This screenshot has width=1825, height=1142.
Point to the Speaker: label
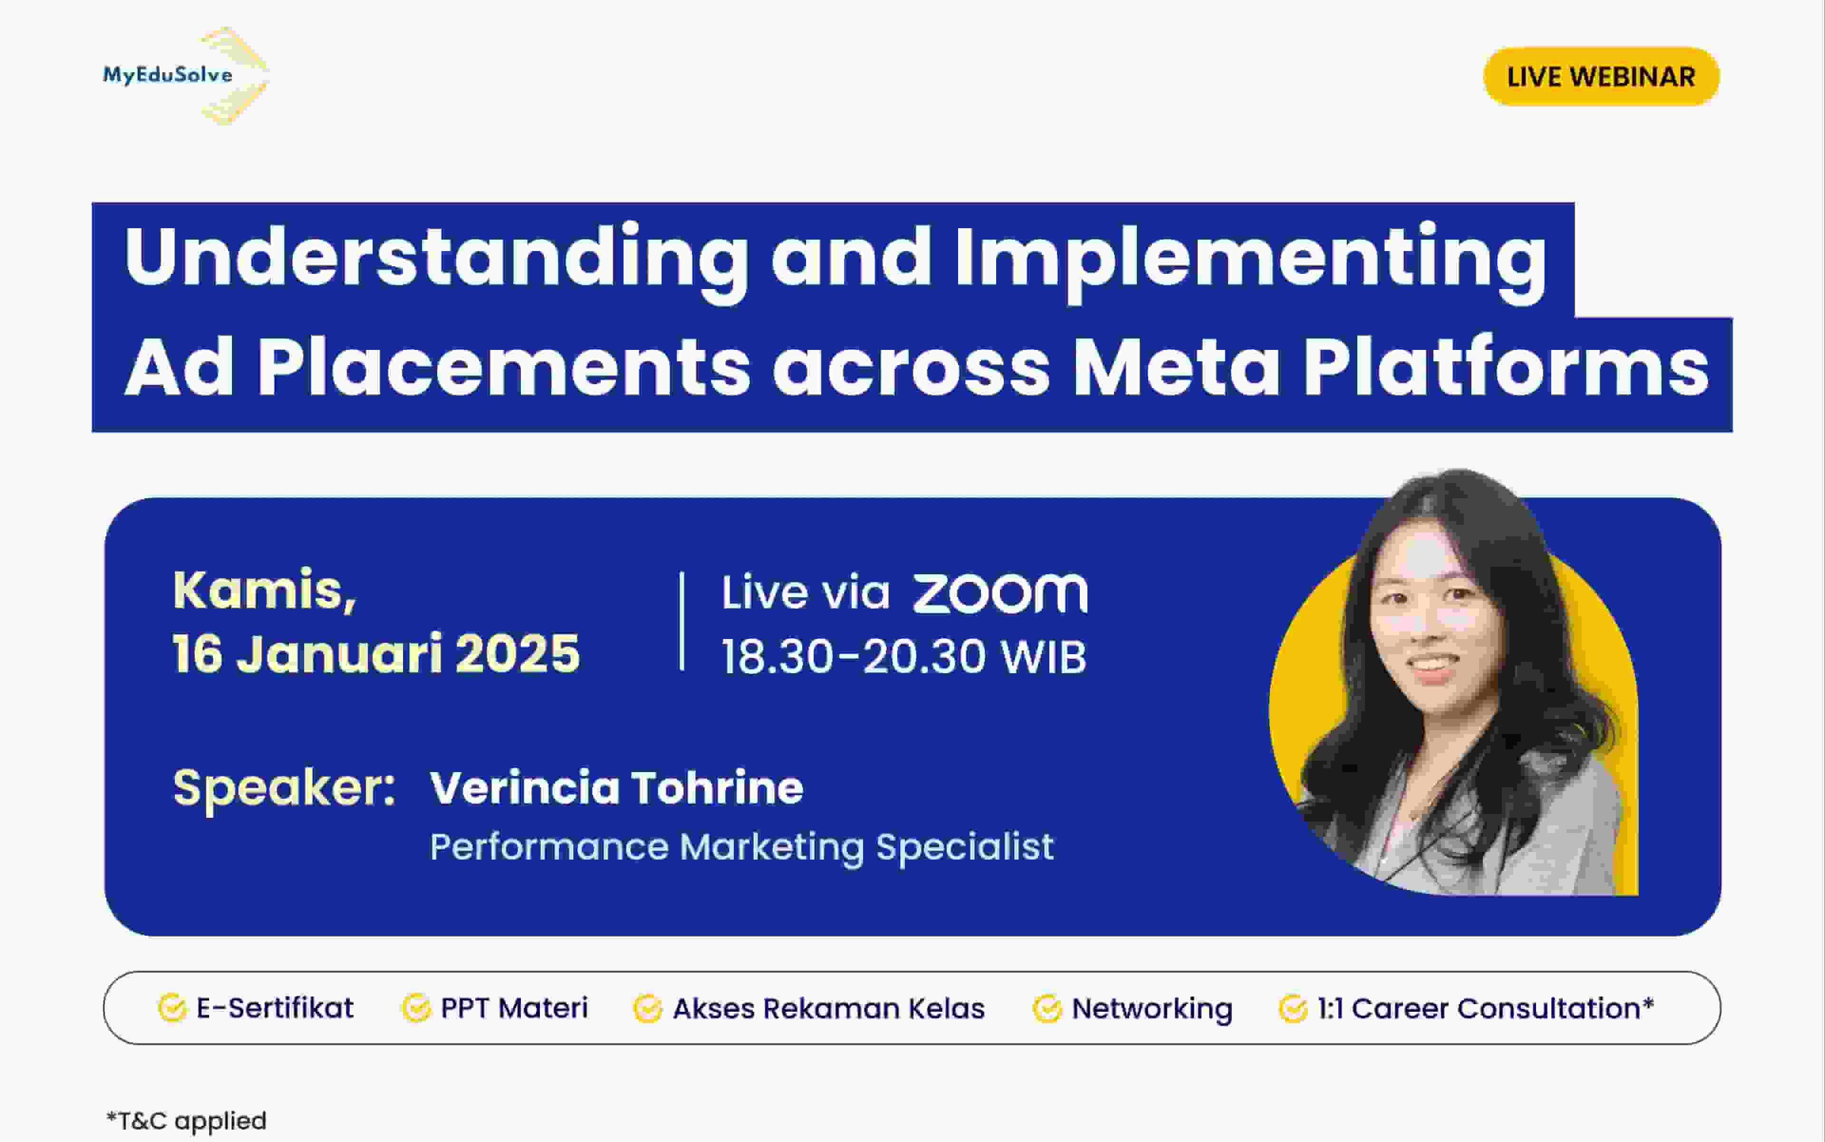[284, 788]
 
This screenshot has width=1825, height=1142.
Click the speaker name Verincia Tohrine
[616, 788]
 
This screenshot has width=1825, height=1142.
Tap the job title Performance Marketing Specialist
[741, 847]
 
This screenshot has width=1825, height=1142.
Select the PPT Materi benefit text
[513, 1008]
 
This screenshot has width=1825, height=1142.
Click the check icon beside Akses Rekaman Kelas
[647, 1008]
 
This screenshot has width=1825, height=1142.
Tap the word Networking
[1152, 1009]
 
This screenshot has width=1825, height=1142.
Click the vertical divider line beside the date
[682, 621]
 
